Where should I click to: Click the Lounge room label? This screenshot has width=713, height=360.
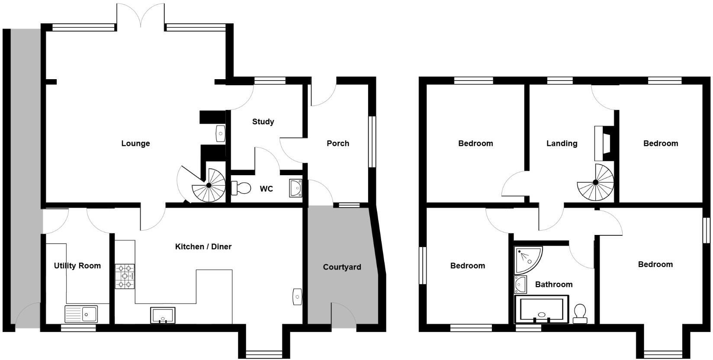pos(135,143)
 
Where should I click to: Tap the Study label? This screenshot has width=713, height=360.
pos(263,122)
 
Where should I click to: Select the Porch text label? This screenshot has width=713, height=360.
pos(338,143)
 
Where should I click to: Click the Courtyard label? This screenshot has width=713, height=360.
pos(342,267)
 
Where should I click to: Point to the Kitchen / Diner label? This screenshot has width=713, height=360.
pos(203,247)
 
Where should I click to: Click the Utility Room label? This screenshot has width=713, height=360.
pos(77,266)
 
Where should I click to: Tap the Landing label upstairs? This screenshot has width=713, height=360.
pos(562,143)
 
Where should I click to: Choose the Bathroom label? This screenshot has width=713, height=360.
pos(554,284)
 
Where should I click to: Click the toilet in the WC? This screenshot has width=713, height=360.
pos(241,188)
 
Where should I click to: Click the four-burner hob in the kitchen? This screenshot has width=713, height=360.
pos(125,276)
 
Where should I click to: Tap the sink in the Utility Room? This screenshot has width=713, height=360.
pos(82,314)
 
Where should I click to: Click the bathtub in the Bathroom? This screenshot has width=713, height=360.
pos(541,310)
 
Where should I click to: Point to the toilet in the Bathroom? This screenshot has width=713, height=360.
pos(579,313)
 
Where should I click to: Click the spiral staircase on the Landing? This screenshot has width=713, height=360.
pos(595,183)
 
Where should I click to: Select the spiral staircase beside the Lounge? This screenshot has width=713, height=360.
pos(209,186)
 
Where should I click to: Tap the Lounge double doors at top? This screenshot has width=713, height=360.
pos(141,16)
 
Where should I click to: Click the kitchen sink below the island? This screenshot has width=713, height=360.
pos(163,315)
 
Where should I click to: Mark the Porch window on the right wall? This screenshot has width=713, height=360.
pos(372,141)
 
